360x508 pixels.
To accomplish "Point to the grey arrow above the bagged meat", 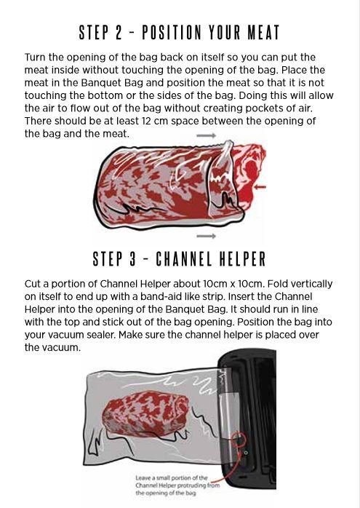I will point(207,136).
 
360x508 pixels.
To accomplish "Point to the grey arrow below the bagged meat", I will point(207,236).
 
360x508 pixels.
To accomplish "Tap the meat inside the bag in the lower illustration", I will point(141,418).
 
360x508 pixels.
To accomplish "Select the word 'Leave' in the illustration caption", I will point(144,478).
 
